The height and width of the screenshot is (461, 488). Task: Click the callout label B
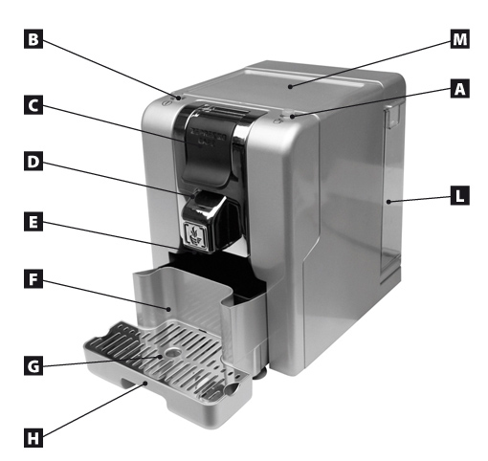[x=33, y=39]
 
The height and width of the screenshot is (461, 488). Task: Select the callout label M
[x=459, y=39]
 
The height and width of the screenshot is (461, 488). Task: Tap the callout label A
[x=459, y=88]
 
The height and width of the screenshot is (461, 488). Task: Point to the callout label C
[x=33, y=105]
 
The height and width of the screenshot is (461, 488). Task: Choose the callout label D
[x=33, y=162]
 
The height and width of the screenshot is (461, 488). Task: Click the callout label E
[x=33, y=222]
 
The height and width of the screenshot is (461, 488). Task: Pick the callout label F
[x=33, y=279]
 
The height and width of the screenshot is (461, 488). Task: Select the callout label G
[x=33, y=365]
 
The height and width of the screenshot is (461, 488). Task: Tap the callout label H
[x=33, y=438]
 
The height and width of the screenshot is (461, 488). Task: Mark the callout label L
[x=459, y=196]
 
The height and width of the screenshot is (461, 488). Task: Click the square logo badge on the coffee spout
[x=194, y=235]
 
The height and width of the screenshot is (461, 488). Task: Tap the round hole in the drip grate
[x=173, y=352]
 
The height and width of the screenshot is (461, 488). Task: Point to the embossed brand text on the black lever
[x=208, y=136]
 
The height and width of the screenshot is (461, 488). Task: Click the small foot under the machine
[x=261, y=372]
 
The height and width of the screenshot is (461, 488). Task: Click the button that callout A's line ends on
[x=287, y=115]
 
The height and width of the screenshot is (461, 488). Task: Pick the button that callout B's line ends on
[x=178, y=98]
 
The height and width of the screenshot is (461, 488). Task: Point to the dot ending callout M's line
[x=290, y=86]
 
